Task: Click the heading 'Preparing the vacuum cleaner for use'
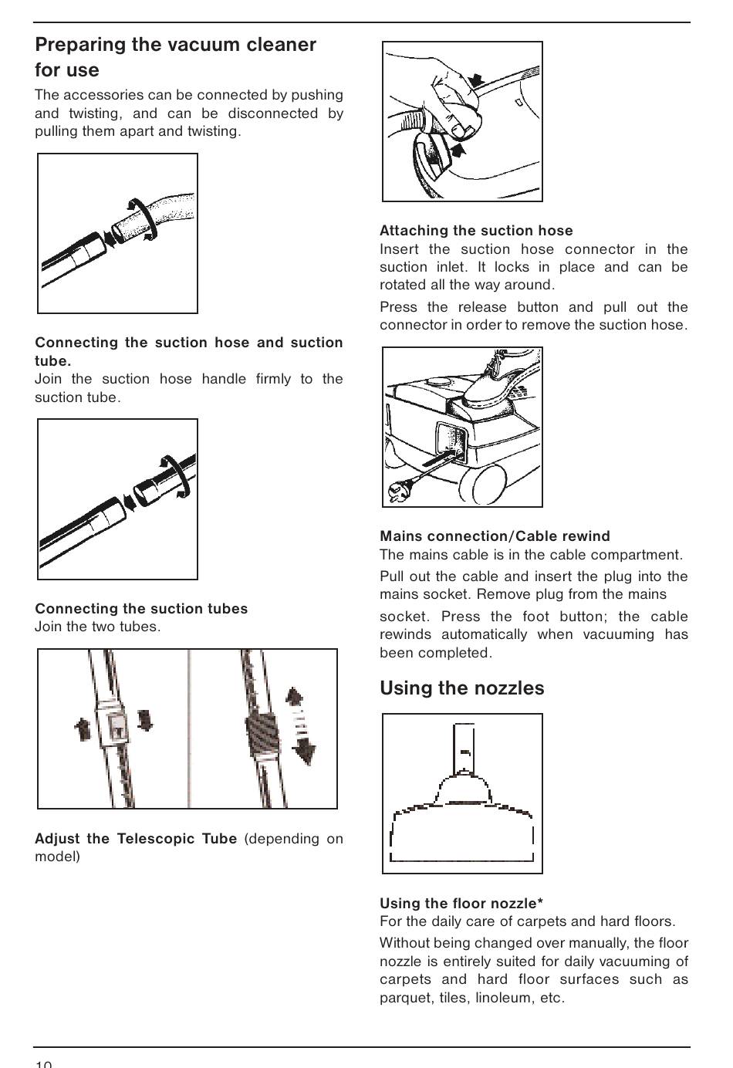point(175,57)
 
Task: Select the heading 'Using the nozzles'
point(461,688)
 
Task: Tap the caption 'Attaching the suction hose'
point(476,231)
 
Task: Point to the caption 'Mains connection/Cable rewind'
point(495,536)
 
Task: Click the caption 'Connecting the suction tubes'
point(141,609)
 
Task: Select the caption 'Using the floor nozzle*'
point(461,904)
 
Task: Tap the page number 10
point(43,1063)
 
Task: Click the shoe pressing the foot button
point(494,386)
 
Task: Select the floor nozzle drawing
point(462,810)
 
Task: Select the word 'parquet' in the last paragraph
point(406,998)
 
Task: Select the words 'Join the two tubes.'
point(98,627)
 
